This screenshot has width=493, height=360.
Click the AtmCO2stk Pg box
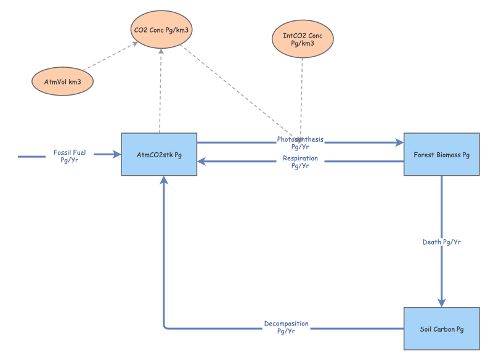coord(159,154)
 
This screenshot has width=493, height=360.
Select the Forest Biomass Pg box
coord(441,154)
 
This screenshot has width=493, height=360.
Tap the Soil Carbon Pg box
coord(441,329)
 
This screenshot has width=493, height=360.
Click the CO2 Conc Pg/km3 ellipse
coord(161,29)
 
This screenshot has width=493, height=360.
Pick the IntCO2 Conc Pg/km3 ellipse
coord(303,39)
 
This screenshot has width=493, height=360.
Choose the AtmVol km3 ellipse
coord(62,81)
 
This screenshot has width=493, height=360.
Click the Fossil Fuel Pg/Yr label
coord(69,155)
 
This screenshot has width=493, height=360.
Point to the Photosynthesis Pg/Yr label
coord(300,143)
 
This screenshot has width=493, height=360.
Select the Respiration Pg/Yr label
coord(300,162)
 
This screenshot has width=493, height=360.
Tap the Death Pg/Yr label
coord(441,242)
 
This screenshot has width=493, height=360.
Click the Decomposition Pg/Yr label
coord(287,327)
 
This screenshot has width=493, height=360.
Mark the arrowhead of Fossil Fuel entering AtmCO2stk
coord(117,155)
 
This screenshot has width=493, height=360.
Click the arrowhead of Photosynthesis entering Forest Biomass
coord(399,142)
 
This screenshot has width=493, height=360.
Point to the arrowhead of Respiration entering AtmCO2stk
coord(202,162)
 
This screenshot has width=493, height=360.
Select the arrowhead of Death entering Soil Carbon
coord(441,302)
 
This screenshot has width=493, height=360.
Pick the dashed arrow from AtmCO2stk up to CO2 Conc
coord(161,92)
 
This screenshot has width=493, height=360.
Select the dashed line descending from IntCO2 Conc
coord(302,92)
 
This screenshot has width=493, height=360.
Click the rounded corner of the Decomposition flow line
coord(165,326)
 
